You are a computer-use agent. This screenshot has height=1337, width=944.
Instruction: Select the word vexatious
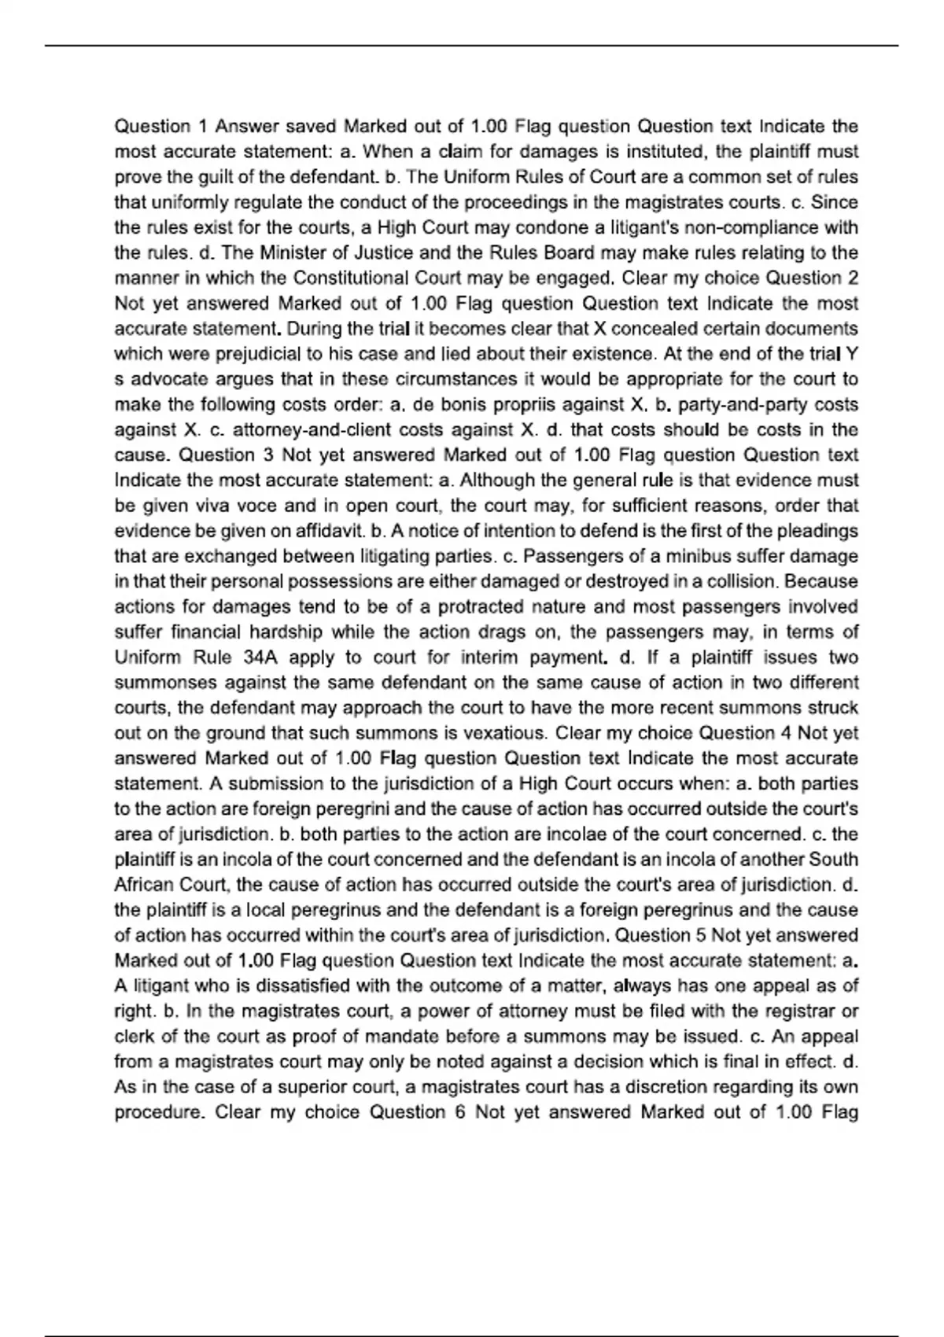tap(503, 733)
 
